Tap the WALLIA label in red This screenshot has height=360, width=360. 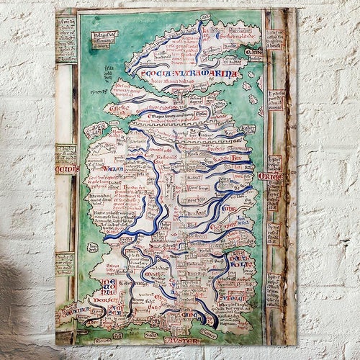click(112, 170)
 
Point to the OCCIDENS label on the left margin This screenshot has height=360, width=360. click(66, 170)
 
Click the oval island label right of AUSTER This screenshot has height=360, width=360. click(207, 334)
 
